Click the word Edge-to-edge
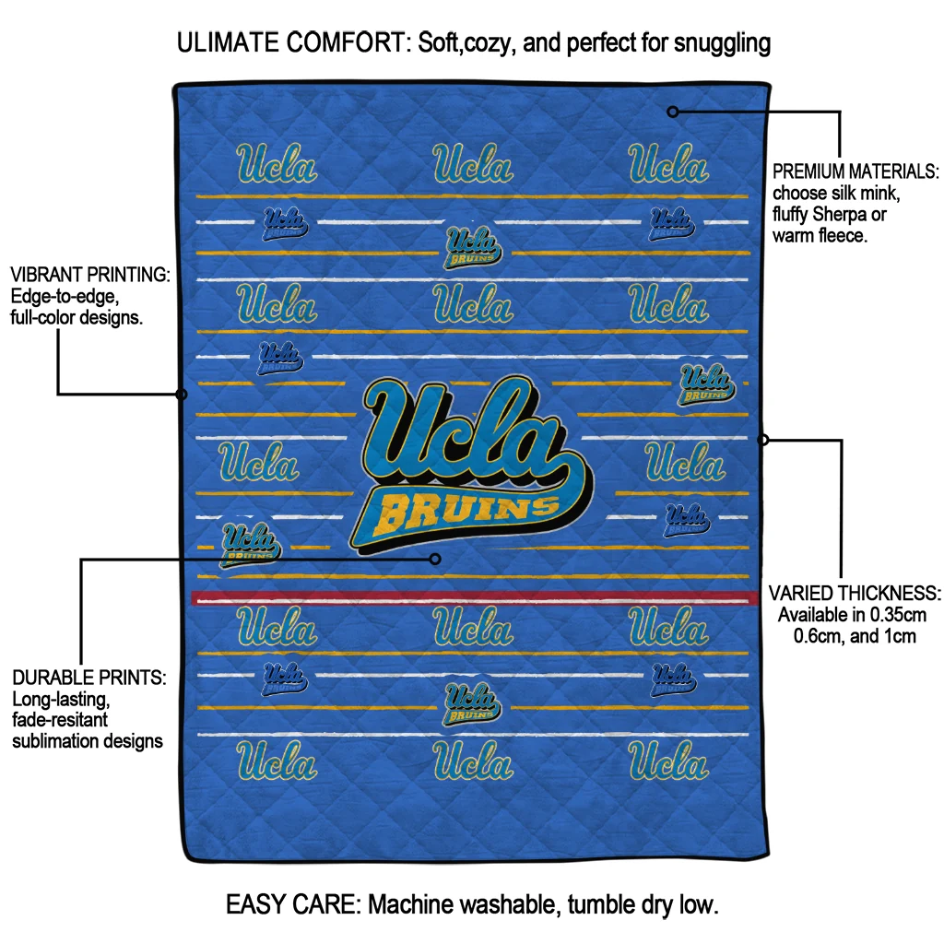tap(65, 297)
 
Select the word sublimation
tap(58, 741)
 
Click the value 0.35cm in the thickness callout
tap(896, 615)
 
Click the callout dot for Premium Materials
tap(673, 112)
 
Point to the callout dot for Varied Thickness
tap(762, 440)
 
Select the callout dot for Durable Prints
tap(435, 560)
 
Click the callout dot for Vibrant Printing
tap(182, 395)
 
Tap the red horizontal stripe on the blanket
tap(475, 597)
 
